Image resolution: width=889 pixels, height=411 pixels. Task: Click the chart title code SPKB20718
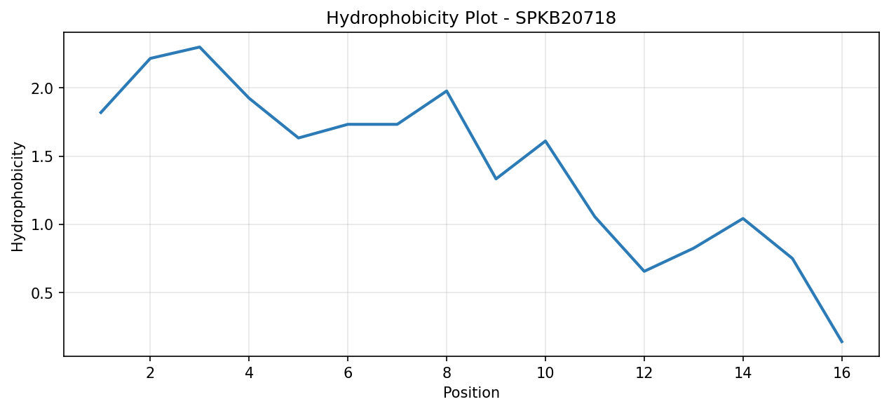coord(566,18)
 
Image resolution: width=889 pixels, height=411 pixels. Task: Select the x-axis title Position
coord(471,393)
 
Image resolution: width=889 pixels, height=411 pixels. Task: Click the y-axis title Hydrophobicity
coord(18,196)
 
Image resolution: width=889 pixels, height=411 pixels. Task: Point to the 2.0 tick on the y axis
coord(41,88)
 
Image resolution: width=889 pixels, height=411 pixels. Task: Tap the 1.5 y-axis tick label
coord(41,156)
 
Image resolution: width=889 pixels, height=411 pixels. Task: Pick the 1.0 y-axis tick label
coord(41,224)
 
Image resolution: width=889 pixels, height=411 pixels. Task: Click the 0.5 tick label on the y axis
coord(41,293)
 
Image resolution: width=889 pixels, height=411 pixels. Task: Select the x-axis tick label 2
coord(150,373)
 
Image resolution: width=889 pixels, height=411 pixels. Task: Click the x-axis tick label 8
coord(447,373)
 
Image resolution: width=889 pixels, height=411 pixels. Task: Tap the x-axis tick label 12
coord(644,373)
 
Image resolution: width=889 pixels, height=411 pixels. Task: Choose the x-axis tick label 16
coord(842,373)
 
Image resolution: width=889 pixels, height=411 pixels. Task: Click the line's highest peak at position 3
coord(200,47)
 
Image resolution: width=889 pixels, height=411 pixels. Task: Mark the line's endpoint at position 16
coord(842,342)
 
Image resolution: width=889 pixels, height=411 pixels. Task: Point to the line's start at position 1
coord(101,113)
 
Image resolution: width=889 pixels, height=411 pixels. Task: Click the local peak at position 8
coord(447,91)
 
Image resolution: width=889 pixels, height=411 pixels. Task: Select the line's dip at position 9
coord(496,179)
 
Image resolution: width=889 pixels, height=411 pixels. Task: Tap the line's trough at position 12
coord(644,271)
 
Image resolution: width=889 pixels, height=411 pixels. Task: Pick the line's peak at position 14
coord(743,218)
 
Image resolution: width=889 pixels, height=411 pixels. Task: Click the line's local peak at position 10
coord(545,140)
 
